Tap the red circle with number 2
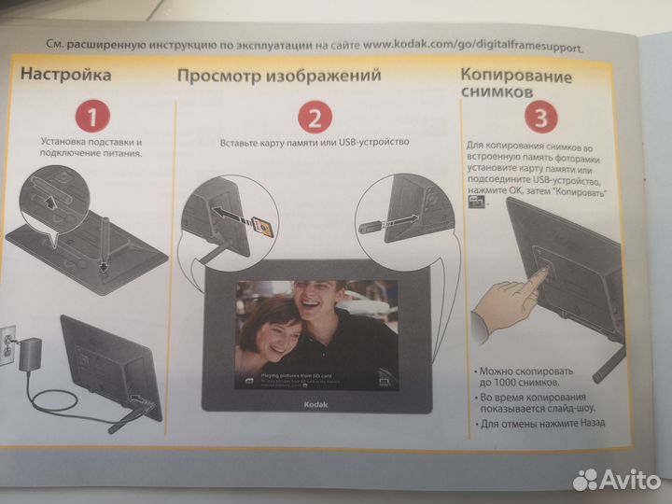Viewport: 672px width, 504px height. (315, 117)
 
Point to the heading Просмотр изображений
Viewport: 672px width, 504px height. (279, 75)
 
